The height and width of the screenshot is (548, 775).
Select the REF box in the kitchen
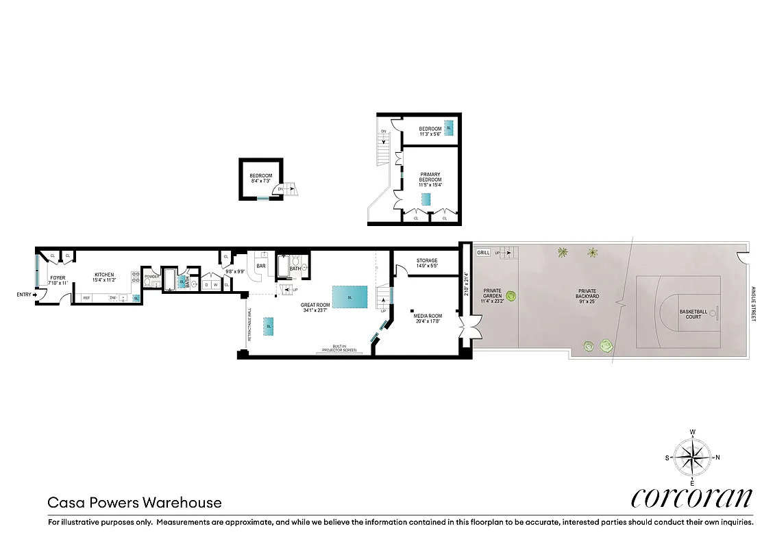point(87,298)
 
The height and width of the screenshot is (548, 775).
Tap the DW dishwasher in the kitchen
point(112,298)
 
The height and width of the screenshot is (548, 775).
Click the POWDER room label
point(151,277)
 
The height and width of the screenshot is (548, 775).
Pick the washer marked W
point(215,284)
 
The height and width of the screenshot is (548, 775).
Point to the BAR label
point(260,266)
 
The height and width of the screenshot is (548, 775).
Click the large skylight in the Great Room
point(349,297)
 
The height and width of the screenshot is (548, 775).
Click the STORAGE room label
point(427,260)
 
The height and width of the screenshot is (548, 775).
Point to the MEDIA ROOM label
point(427,316)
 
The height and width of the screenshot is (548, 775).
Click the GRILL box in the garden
point(483,253)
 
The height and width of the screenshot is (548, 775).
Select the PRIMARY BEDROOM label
point(430,177)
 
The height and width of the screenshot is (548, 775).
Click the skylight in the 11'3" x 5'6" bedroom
point(449,128)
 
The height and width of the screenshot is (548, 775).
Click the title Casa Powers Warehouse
point(134,503)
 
